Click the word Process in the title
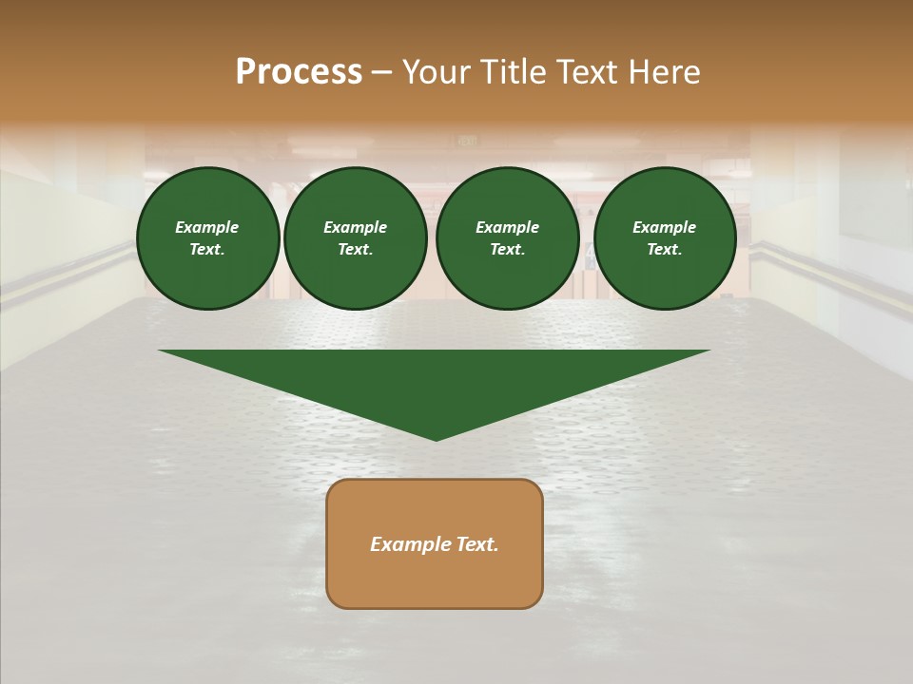pyautogui.click(x=299, y=72)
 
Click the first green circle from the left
pyautogui.click(x=207, y=238)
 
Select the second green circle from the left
pyautogui.click(x=355, y=238)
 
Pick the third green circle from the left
pyautogui.click(x=507, y=238)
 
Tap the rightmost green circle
pyautogui.click(x=664, y=238)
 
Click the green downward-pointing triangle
pyautogui.click(x=435, y=380)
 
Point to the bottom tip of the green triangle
pyautogui.click(x=436, y=439)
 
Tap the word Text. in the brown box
pyautogui.click(x=476, y=544)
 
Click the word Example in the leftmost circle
pyautogui.click(x=207, y=227)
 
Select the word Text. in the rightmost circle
pyautogui.click(x=664, y=250)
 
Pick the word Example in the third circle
pyautogui.click(x=507, y=227)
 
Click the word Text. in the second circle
pyautogui.click(x=355, y=250)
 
